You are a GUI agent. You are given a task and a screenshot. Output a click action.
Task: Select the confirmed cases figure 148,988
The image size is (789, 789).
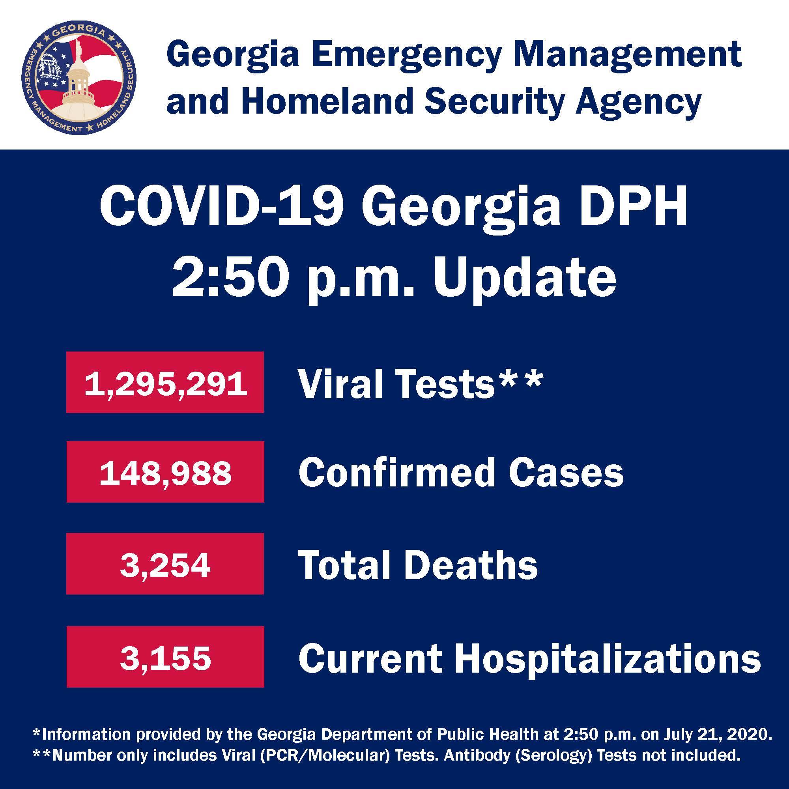165,474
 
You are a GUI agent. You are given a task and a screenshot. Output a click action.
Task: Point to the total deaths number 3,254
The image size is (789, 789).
165,566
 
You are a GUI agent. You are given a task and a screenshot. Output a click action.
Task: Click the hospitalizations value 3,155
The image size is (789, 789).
165,658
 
